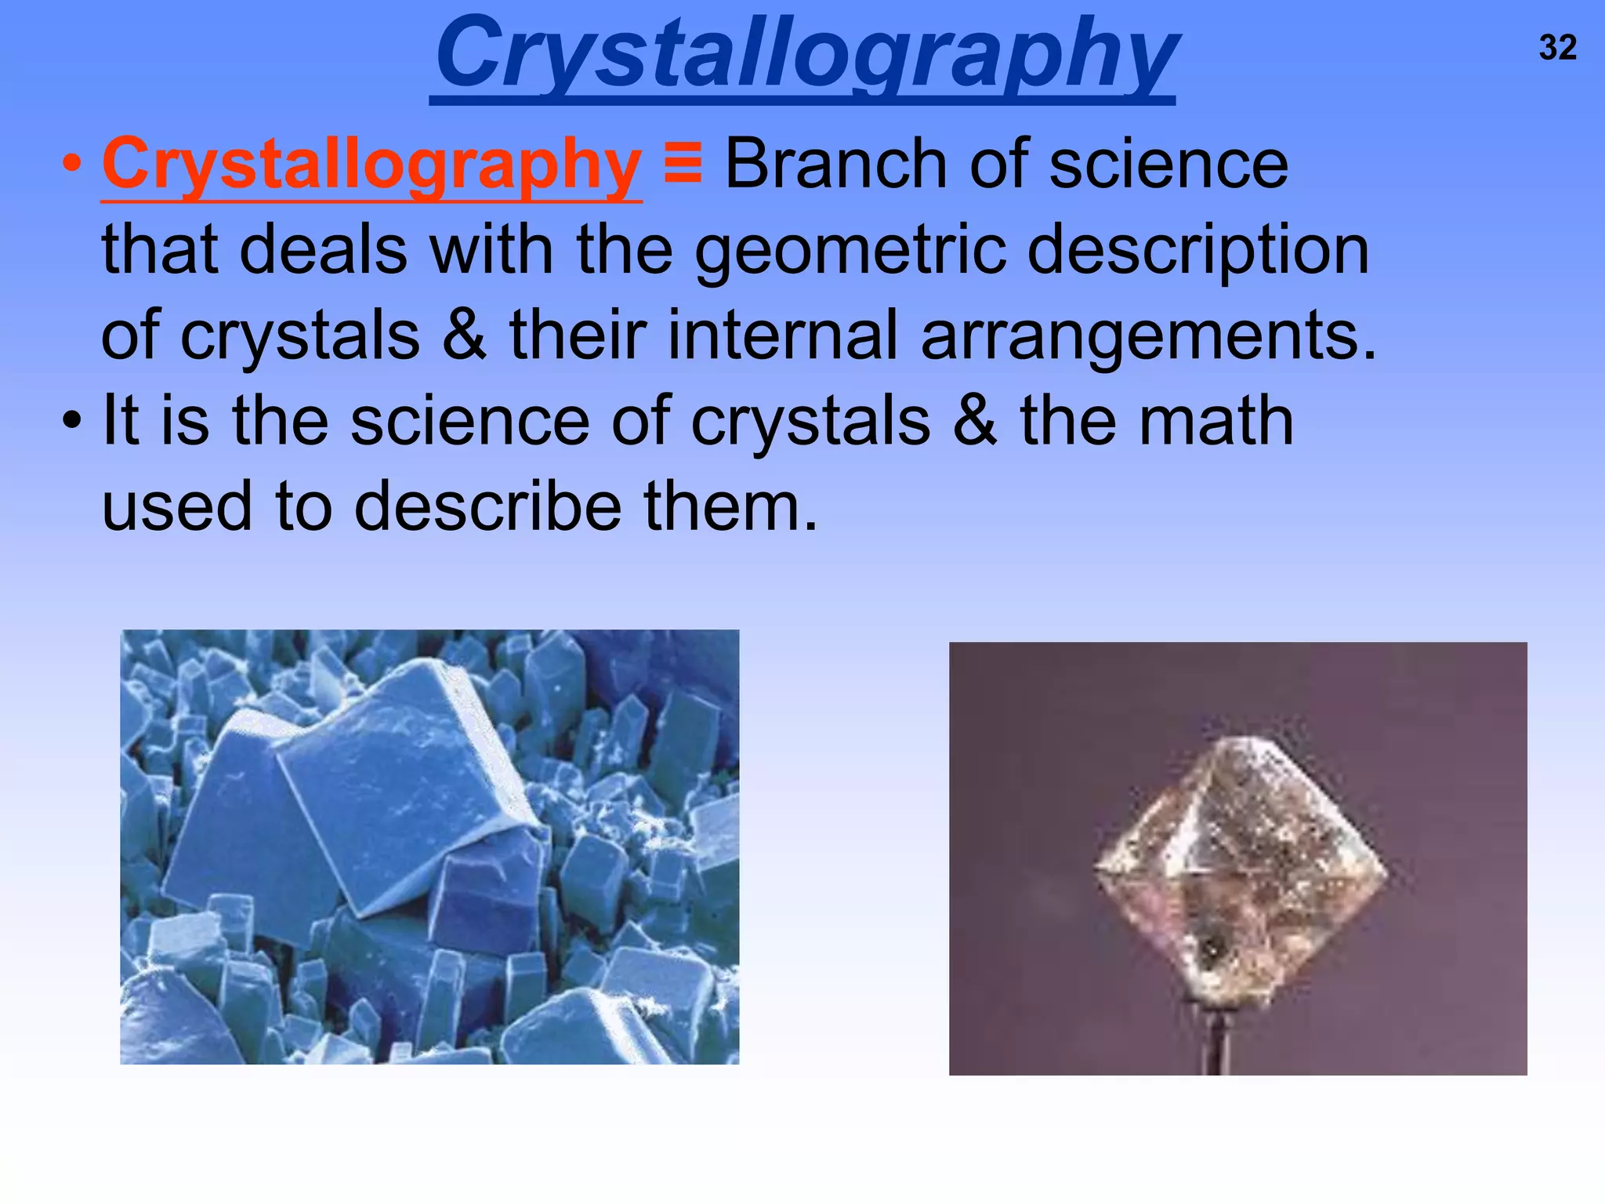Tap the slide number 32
point(1557,49)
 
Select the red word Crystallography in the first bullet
point(371,165)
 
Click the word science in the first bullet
point(1168,165)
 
